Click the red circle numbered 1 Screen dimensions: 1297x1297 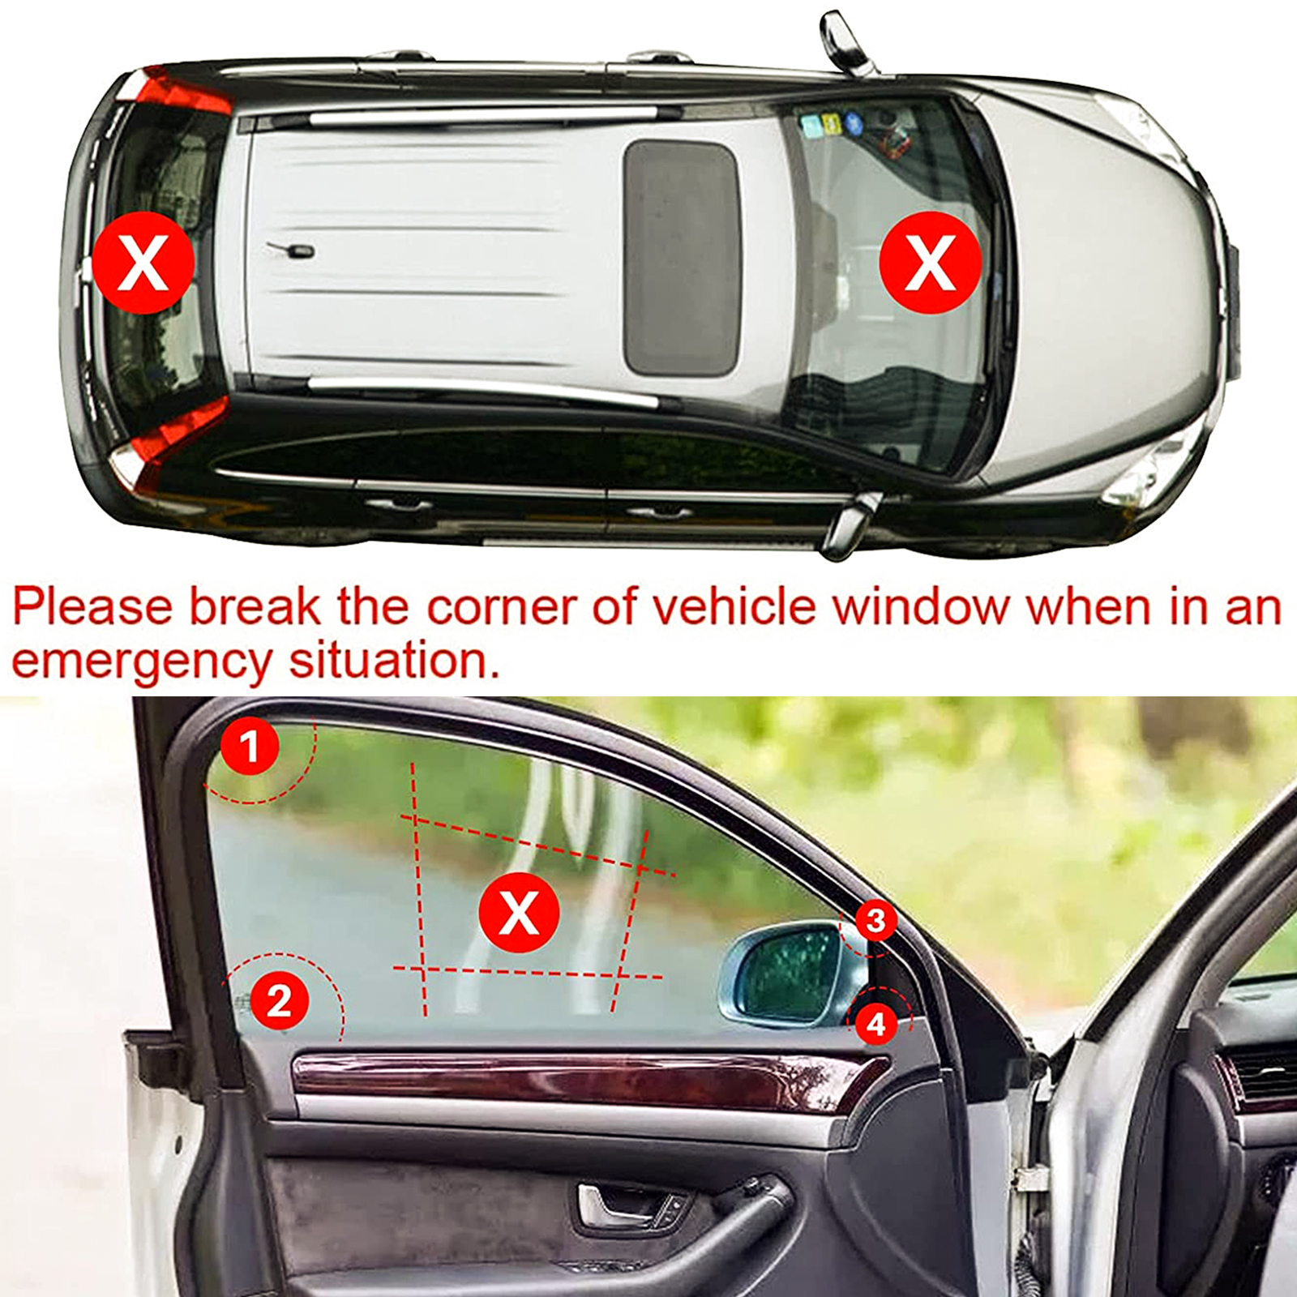250,747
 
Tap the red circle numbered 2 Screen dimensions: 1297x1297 279,1000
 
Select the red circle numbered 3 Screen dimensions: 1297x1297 875,920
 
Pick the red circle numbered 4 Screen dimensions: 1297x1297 876,1025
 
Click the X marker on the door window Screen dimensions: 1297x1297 519,913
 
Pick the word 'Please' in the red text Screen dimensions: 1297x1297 93,606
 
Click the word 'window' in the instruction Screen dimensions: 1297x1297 922,606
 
